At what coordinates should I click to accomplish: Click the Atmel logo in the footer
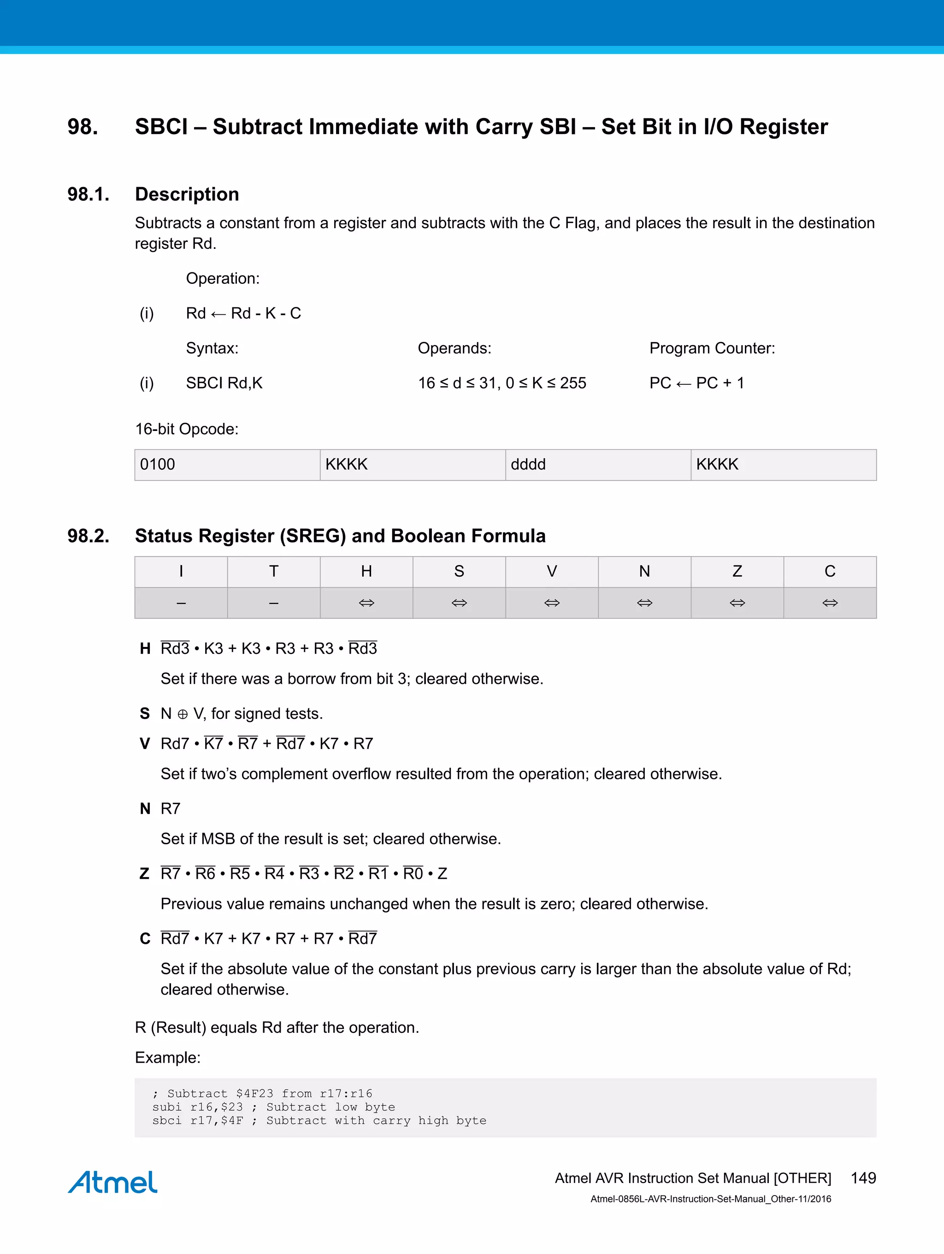[113, 1182]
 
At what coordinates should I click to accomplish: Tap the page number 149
[863, 1178]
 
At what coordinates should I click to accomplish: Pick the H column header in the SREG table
[366, 571]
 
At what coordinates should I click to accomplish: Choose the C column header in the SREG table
[830, 571]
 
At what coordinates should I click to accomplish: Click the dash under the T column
[273, 603]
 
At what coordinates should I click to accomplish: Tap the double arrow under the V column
[552, 603]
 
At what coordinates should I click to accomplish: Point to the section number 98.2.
[88, 536]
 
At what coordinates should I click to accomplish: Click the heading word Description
[187, 194]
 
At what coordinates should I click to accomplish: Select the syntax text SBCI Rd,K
[224, 383]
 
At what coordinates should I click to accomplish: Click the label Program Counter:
[712, 348]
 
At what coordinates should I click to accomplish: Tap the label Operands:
[454, 348]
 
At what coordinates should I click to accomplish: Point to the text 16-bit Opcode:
[187, 429]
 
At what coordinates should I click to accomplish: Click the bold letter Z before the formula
[145, 874]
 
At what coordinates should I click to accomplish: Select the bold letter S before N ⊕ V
[145, 714]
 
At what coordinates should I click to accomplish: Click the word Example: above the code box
[167, 1057]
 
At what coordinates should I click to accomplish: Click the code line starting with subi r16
[273, 1107]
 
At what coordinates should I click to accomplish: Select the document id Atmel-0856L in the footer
[710, 1199]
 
